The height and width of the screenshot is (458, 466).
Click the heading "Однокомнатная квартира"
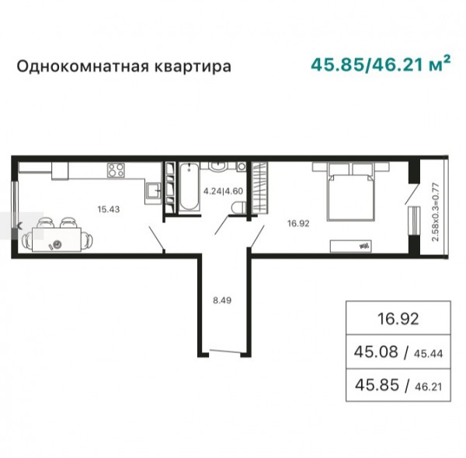123,67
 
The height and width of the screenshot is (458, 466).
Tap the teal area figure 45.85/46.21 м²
381,64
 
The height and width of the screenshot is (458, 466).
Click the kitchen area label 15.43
109,209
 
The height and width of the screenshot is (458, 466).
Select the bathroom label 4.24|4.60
223,191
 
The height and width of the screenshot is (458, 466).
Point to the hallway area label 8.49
222,300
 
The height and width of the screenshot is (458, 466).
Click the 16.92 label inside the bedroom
298,223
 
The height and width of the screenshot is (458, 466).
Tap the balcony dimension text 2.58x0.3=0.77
436,212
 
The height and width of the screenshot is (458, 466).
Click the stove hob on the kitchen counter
116,170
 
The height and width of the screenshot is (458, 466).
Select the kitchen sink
153,191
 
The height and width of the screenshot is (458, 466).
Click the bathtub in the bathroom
189,187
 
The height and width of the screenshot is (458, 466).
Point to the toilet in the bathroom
239,208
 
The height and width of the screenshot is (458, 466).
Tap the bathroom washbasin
219,166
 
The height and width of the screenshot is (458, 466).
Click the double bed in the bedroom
350,198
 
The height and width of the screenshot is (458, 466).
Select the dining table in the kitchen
57,239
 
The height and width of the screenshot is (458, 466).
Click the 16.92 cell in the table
398,319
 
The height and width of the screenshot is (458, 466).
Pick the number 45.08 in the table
376,351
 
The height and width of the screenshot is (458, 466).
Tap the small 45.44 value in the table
428,354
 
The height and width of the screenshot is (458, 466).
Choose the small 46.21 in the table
428,387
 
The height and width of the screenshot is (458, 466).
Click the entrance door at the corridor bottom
224,351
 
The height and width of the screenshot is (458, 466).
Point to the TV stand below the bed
351,246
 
